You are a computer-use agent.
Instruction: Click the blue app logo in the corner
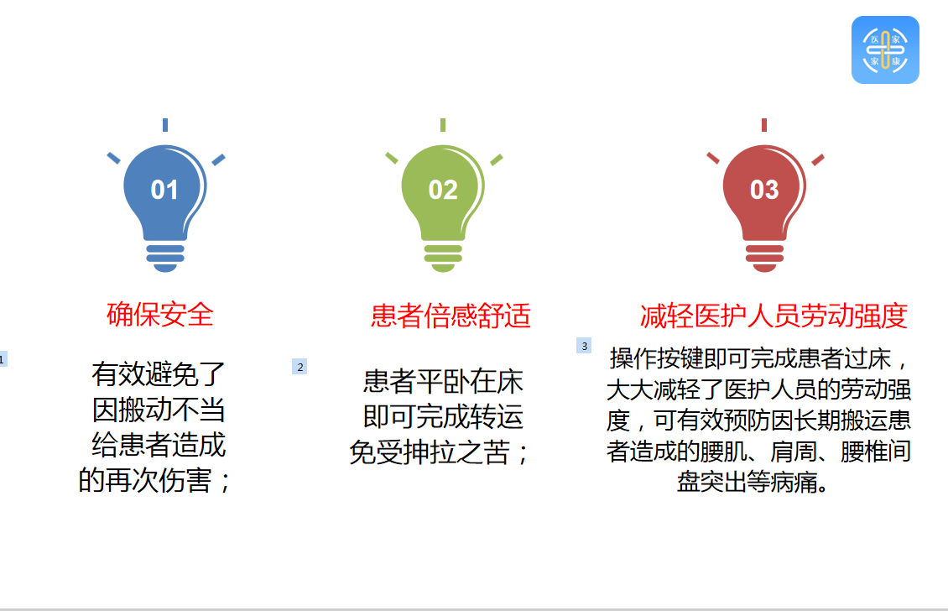click(x=885, y=50)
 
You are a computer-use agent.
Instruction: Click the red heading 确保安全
click(x=160, y=315)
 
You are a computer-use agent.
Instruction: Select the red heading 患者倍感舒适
click(x=451, y=316)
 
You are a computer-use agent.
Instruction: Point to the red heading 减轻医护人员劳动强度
click(x=774, y=316)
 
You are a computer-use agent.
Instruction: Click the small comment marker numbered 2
click(x=300, y=367)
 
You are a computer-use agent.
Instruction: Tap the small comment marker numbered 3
click(x=584, y=346)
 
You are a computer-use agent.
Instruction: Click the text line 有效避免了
click(x=159, y=373)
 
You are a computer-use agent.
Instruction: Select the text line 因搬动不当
click(x=159, y=410)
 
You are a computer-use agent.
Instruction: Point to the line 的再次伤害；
click(x=154, y=480)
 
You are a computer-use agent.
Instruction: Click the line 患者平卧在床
click(x=443, y=381)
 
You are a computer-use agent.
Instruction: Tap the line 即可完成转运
click(x=443, y=417)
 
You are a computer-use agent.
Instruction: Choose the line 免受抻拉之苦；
click(x=440, y=452)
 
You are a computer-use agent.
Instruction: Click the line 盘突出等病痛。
click(x=753, y=482)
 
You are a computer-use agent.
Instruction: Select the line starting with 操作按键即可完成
click(x=759, y=358)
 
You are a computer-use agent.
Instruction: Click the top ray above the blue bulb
click(x=165, y=124)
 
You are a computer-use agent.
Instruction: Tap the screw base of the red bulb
click(x=764, y=258)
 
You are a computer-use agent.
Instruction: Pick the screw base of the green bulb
click(x=443, y=258)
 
